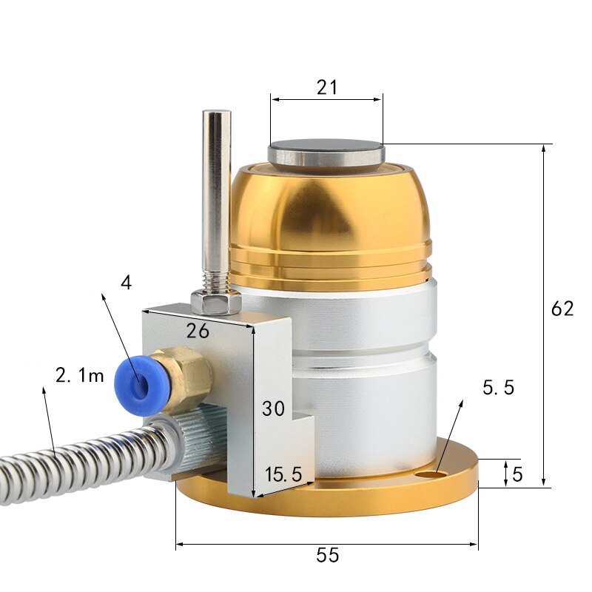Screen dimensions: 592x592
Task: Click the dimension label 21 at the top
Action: pos(326,87)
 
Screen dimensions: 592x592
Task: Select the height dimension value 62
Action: pos(562,309)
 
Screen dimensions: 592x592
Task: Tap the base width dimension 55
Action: pos(327,555)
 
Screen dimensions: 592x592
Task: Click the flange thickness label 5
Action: pos(517,474)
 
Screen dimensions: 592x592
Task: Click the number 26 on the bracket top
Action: pos(198,331)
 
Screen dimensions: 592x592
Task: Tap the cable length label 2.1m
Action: pos(80,375)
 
